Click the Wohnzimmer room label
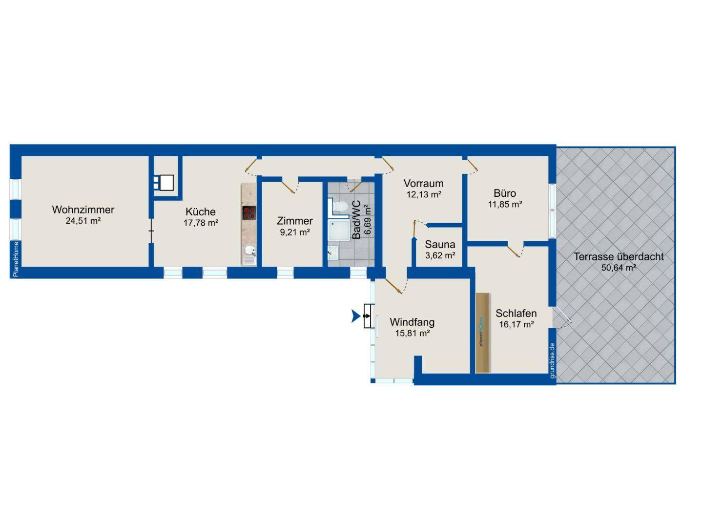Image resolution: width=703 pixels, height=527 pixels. pyautogui.click(x=83, y=210)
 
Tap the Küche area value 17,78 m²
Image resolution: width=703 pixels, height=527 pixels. pyautogui.click(x=201, y=223)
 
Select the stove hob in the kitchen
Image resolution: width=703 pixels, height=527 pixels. pyautogui.click(x=249, y=213)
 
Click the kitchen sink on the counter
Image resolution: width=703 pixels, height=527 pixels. pyautogui.click(x=249, y=255)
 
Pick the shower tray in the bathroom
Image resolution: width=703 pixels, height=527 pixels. pyautogui.click(x=338, y=230)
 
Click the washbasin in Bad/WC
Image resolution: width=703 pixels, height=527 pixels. pyautogui.click(x=333, y=253)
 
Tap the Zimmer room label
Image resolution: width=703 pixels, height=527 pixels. pyautogui.click(x=295, y=221)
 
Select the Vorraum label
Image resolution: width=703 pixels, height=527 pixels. pyautogui.click(x=423, y=184)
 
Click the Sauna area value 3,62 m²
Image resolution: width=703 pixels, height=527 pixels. pyautogui.click(x=440, y=255)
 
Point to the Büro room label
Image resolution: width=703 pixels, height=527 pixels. pyautogui.click(x=505, y=193)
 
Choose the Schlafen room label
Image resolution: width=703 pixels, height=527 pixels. pyautogui.click(x=516, y=313)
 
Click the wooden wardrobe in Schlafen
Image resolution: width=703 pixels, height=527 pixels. pyautogui.click(x=483, y=333)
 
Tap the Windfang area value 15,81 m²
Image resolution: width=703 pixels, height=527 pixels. pyautogui.click(x=412, y=334)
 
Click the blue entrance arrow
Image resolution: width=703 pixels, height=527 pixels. pyautogui.click(x=356, y=316)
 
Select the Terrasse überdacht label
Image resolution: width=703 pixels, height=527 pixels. pyautogui.click(x=619, y=256)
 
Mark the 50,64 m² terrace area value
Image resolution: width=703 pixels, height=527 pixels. pyautogui.click(x=619, y=268)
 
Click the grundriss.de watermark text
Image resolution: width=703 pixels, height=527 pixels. pyautogui.click(x=552, y=361)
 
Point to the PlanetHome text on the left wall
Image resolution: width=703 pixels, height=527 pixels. pyautogui.click(x=16, y=259)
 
